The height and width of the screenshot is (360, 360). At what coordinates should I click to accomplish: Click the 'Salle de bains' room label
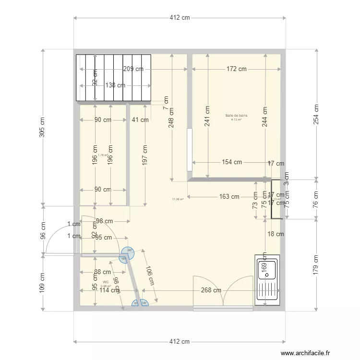pos(236,116)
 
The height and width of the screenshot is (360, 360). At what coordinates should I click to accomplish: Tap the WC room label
pos(105,282)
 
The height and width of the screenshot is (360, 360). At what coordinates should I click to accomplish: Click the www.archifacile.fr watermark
pos(306,353)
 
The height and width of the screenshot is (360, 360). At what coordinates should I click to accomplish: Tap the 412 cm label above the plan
pos(180,18)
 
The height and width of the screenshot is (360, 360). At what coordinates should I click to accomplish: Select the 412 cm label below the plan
pos(180,341)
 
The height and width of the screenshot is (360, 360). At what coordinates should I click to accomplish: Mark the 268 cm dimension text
pos(211,290)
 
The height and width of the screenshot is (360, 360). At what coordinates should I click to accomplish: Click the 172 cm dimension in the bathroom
pos(236,69)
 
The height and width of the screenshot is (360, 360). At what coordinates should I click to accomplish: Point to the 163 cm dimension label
pos(229,196)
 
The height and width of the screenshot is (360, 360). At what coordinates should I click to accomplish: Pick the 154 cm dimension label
pos(232,162)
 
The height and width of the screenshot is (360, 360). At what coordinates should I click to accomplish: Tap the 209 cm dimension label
pos(133,69)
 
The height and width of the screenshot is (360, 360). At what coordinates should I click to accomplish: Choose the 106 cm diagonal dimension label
pos(149,276)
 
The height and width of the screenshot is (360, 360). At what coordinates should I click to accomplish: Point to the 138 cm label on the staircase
pos(115,85)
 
